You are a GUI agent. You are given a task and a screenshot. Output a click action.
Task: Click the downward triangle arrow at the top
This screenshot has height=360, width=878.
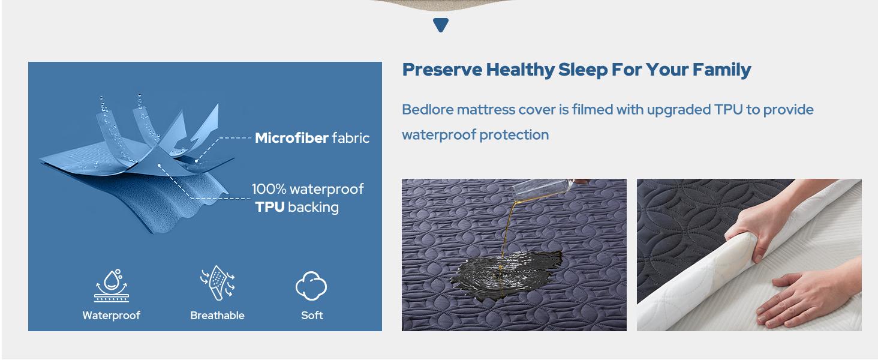[x=441, y=25]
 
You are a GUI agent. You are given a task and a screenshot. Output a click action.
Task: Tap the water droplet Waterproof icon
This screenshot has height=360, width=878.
[x=112, y=286]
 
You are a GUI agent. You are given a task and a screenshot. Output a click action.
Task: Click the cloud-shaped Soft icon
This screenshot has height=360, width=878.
[x=311, y=286]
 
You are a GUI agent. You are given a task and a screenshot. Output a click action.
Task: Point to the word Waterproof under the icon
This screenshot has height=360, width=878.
[x=112, y=316]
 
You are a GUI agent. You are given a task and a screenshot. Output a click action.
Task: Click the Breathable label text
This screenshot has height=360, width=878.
[x=217, y=316]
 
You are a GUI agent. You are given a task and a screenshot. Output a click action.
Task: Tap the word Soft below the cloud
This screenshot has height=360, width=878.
[x=312, y=316]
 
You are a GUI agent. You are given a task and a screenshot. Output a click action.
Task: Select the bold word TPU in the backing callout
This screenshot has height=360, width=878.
[x=269, y=208]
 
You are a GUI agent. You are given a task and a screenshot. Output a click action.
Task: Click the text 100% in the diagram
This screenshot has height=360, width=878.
[x=269, y=189]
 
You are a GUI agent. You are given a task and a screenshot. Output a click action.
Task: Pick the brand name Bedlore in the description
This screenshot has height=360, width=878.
[x=427, y=110]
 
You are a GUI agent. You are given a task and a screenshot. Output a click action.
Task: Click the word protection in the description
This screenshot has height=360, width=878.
[x=519, y=135]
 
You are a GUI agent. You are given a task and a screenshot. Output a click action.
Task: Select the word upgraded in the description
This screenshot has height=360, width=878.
[x=678, y=110]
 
